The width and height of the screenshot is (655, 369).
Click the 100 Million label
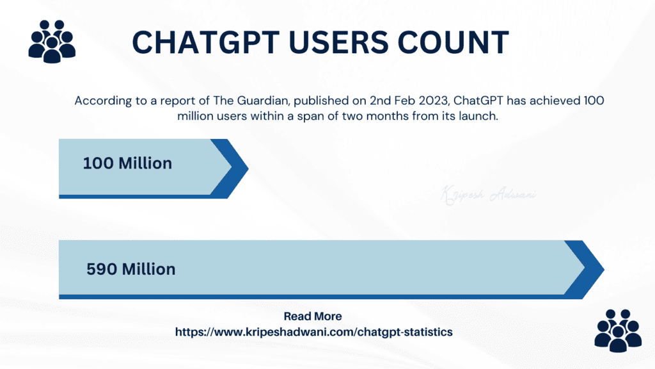pyautogui.click(x=127, y=163)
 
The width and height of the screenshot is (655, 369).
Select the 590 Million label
pyautogui.click(x=130, y=269)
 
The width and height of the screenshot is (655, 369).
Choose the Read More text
pyautogui.click(x=312, y=316)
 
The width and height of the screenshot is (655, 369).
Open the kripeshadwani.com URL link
pyautogui.click(x=314, y=332)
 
